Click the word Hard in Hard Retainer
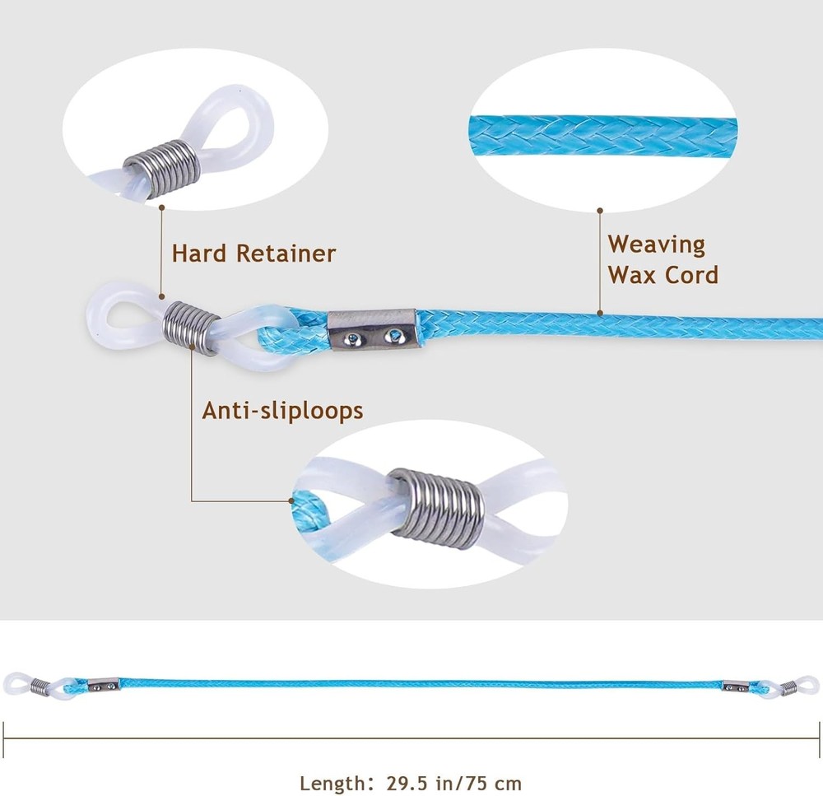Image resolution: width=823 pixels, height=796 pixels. point(200,253)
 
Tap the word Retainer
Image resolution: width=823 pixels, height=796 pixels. point(286,253)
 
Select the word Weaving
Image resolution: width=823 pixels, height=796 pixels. point(656,245)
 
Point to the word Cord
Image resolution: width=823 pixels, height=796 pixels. point(690,275)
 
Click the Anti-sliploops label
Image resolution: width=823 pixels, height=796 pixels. point(282,411)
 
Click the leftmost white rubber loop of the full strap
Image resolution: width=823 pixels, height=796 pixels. point(15,683)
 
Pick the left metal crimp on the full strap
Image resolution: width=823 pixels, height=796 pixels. point(102,684)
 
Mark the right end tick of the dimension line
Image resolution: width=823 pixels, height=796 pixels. point(819,739)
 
